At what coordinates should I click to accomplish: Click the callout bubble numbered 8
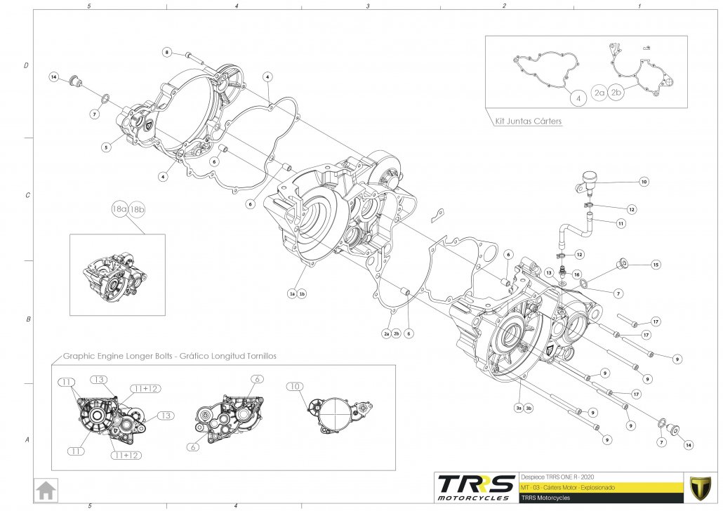click(x=167, y=52)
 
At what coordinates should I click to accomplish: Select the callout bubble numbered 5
click(x=106, y=147)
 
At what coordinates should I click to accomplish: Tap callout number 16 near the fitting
click(x=576, y=274)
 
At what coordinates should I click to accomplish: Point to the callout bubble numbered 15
click(x=656, y=265)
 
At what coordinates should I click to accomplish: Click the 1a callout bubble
click(x=292, y=294)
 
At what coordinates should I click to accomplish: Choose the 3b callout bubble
click(x=529, y=408)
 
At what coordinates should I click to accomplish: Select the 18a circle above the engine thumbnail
click(x=119, y=210)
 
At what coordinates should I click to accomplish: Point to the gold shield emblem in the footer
click(x=699, y=486)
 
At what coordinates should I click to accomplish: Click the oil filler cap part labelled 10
click(x=588, y=182)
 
